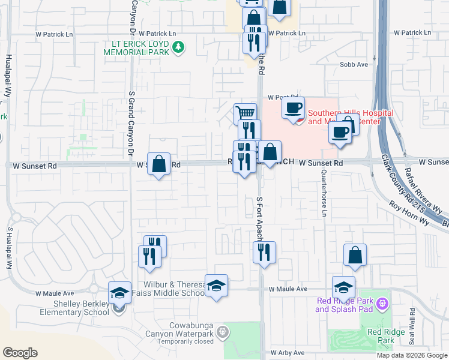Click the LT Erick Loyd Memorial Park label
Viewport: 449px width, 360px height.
coord(137,48)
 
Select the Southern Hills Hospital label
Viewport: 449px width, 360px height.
coord(351,117)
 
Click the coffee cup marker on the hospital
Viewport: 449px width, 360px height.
coord(293,109)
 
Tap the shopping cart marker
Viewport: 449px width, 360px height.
coord(245,113)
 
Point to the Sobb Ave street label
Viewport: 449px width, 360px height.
coord(354,64)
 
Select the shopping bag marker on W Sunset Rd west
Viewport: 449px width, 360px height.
coord(158,164)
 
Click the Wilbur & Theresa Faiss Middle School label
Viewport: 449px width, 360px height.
coord(164,289)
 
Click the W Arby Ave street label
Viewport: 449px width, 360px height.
coord(288,353)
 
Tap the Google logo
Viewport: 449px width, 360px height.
coord(20,353)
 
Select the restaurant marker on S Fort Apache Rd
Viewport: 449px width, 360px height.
coord(264,252)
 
